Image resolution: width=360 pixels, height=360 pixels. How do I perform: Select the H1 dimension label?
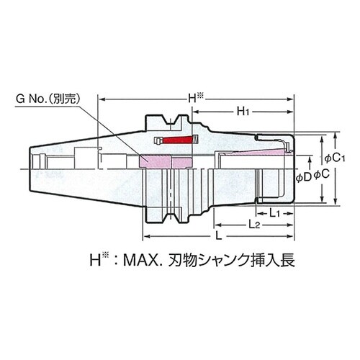pos(243,112)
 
